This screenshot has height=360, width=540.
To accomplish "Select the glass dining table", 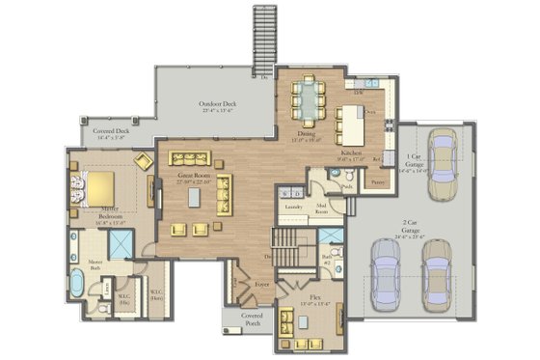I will pyautogui.click(x=309, y=97).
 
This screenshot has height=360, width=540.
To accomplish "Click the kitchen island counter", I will pyautogui.click(x=345, y=123).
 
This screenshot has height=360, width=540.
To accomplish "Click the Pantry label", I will pyautogui.click(x=378, y=180).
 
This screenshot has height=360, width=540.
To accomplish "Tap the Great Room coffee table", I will pyautogui.click(x=194, y=197).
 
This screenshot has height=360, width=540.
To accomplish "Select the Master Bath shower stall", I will pyautogui.click(x=121, y=246).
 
